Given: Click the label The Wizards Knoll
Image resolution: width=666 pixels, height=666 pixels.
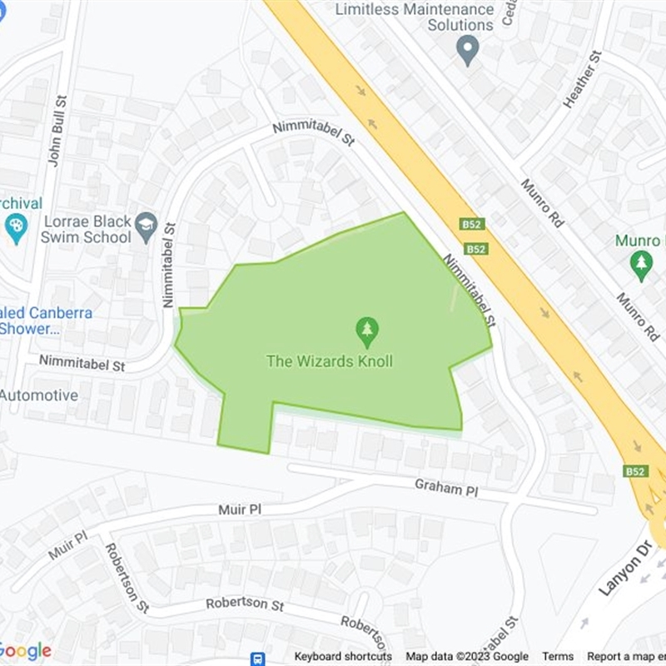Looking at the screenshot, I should [x=329, y=361].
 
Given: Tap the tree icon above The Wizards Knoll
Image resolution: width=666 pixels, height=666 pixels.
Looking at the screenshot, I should [x=366, y=333].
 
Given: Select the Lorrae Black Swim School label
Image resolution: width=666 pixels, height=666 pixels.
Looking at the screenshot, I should [x=86, y=229].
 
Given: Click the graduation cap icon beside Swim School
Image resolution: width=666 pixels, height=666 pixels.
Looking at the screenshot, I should [x=147, y=227].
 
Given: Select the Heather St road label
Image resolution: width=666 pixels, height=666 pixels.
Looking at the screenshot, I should [x=582, y=80].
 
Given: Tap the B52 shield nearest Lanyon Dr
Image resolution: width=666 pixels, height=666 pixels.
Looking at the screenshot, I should [x=634, y=471].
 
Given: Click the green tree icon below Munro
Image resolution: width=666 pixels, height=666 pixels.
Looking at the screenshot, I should [x=640, y=266].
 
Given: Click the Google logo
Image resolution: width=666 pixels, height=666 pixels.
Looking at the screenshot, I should [x=25, y=650].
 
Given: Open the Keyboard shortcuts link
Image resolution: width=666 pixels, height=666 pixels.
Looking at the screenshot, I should [x=343, y=657].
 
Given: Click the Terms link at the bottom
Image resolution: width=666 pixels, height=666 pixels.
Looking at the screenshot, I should [x=559, y=657].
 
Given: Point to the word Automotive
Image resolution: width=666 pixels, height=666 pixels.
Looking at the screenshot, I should [x=38, y=395].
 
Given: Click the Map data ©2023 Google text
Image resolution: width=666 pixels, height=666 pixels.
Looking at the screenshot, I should [x=467, y=657].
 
